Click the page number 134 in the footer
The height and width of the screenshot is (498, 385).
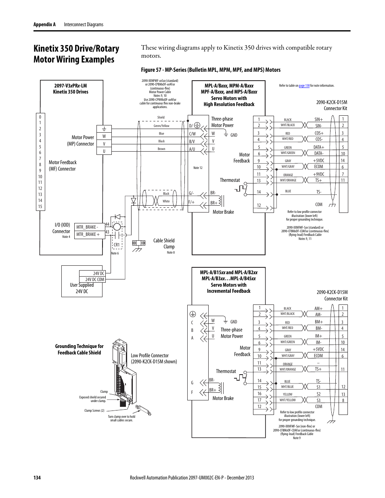pyautogui.click(x=37, y=477)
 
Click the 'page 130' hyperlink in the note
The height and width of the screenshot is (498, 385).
pyautogui.click(x=304, y=85)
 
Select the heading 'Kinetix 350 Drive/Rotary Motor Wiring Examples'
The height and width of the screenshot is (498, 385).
pyautogui.click(x=76, y=54)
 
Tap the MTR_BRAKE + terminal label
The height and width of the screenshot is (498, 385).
pyautogui.click(x=88, y=234)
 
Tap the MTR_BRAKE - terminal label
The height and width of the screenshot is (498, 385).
pyautogui.click(x=87, y=227)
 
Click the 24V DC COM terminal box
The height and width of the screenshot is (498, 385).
pyautogui.click(x=94, y=279)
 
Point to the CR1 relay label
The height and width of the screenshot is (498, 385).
pyautogui.click(x=116, y=245)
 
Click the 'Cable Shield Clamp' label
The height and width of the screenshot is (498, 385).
pyautogui.click(x=164, y=244)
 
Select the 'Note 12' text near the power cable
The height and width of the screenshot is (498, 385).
pyautogui.click(x=198, y=168)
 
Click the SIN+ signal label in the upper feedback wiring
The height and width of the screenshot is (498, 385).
pyautogui.click(x=318, y=119)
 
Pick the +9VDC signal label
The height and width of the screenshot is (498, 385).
pyautogui.click(x=318, y=174)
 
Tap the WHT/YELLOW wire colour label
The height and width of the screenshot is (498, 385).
pyautogui.click(x=287, y=400)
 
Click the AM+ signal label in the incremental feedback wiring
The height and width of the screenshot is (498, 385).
pyautogui.click(x=318, y=308)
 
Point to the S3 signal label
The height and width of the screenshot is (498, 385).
pyautogui.click(x=318, y=400)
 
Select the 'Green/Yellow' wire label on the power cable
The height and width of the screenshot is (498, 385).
pyautogui.click(x=161, y=126)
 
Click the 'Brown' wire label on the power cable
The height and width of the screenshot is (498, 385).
pyautogui.click(x=161, y=149)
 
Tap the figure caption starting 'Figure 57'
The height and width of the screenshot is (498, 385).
pyautogui.click(x=211, y=70)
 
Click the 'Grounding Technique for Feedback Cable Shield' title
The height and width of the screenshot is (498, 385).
pyautogui.click(x=79, y=349)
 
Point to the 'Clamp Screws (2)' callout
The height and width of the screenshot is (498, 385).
pyautogui.click(x=94, y=410)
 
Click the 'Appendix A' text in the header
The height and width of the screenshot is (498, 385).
pyautogui.click(x=44, y=25)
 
